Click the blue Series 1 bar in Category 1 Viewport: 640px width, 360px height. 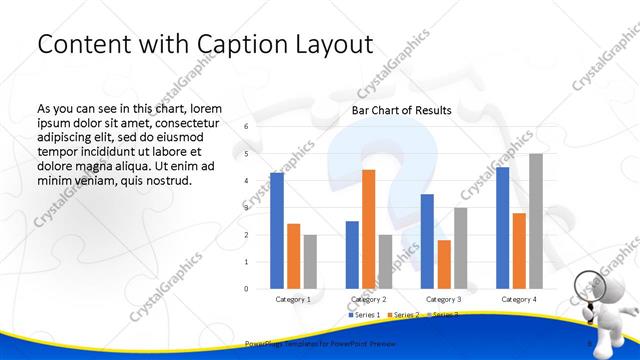click(x=277, y=231)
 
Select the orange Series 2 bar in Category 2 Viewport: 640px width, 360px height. click(x=368, y=229)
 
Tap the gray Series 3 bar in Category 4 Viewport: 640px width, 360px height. click(x=536, y=221)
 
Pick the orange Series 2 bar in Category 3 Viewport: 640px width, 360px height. click(x=443, y=264)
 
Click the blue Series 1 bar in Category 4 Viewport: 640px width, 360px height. click(x=502, y=228)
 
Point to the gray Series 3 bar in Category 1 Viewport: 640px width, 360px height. click(x=310, y=262)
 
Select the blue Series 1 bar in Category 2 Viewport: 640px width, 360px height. click(x=352, y=255)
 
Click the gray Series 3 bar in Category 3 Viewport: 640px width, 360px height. click(x=460, y=248)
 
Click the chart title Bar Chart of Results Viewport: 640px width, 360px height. click(x=401, y=110)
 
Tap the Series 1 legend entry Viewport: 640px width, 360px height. click(x=365, y=315)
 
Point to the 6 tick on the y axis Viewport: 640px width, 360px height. click(x=246, y=127)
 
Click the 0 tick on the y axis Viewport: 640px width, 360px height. click(x=246, y=289)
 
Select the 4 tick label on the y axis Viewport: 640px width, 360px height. click(x=246, y=181)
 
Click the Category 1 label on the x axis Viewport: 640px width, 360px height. click(x=293, y=299)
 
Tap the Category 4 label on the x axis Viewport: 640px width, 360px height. click(x=518, y=299)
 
